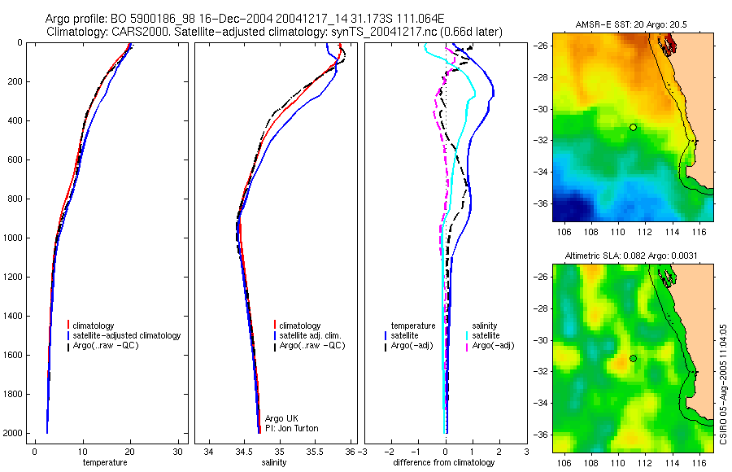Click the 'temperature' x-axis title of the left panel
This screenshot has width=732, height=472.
point(105,463)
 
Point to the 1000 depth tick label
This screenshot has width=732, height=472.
point(12,238)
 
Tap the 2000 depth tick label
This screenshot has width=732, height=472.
point(12,433)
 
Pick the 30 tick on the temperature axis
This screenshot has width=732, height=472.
point(178,452)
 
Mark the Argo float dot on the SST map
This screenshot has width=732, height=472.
point(632,127)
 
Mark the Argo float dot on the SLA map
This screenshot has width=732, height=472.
point(632,358)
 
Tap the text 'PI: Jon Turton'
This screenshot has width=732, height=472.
point(292,428)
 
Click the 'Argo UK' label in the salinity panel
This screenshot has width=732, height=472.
point(281,418)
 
